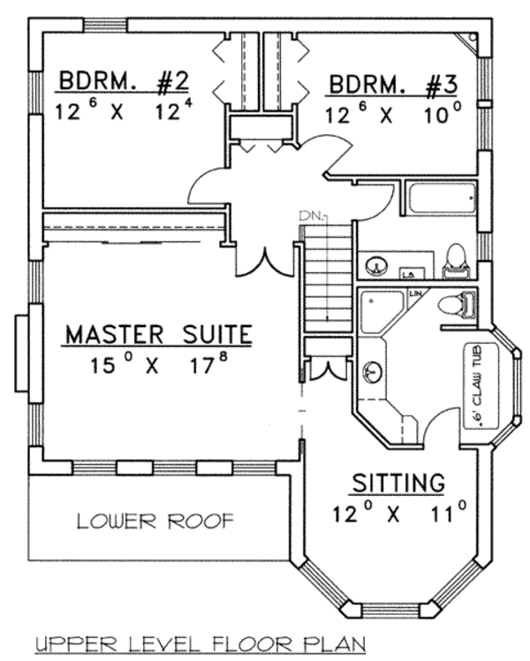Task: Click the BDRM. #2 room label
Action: click(x=124, y=83)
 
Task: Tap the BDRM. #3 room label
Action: click(x=393, y=85)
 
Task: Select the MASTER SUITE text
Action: click(x=159, y=335)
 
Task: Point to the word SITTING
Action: click(x=397, y=483)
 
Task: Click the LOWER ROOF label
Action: click(x=155, y=521)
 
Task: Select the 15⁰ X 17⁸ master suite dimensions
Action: click(x=159, y=364)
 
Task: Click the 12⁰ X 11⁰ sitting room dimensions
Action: click(x=398, y=513)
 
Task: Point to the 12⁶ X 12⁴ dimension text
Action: click(x=124, y=112)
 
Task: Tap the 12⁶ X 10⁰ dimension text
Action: click(x=393, y=114)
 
